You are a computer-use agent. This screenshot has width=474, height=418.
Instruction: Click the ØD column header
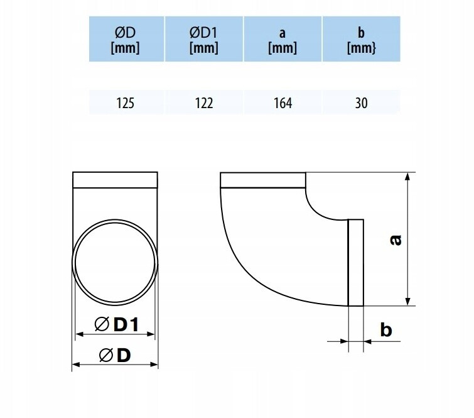(x=125, y=39)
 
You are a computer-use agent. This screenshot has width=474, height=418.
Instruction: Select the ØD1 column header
(x=204, y=39)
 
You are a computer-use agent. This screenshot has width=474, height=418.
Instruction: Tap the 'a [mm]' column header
(x=283, y=39)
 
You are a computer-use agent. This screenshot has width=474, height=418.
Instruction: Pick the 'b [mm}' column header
(x=361, y=39)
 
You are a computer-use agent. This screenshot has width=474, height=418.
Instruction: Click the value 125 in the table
(x=125, y=103)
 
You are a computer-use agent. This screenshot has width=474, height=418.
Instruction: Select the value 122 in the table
(x=204, y=103)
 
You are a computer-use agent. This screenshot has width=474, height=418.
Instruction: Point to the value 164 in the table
(x=283, y=103)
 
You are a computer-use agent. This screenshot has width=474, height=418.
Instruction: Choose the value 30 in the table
(x=361, y=103)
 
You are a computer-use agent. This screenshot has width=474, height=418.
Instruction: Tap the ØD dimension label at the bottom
(x=115, y=355)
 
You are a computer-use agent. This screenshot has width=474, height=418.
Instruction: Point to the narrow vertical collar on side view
(x=355, y=262)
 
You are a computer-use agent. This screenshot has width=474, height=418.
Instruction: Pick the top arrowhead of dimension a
(x=409, y=177)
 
